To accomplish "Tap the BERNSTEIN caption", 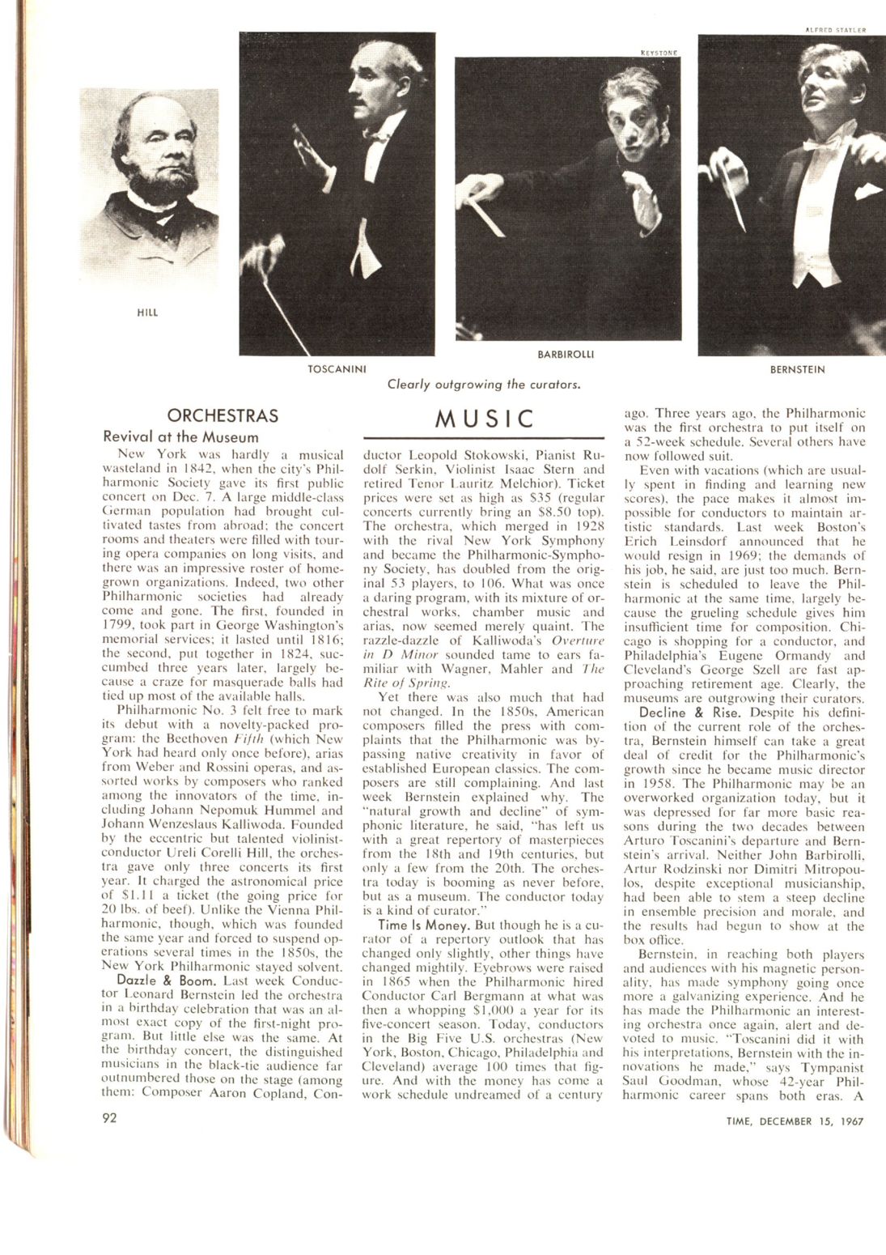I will [x=797, y=369].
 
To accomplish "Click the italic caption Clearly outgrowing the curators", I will [x=484, y=384].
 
